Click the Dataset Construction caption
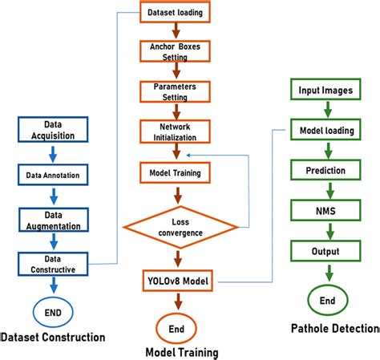pos(53,338)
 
